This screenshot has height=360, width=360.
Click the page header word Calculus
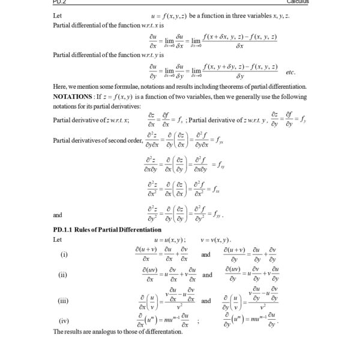296,2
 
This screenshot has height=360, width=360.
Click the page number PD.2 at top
61,2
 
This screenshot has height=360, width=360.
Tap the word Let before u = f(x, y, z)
58,15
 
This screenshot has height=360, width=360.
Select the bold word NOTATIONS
73,97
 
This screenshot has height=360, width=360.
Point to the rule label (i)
64,254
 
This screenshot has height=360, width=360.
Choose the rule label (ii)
62,275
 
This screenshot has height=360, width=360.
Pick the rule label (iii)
62,301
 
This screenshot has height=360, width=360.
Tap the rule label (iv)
63,320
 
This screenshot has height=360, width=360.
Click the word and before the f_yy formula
58,214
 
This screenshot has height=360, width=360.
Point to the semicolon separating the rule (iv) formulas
198,321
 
